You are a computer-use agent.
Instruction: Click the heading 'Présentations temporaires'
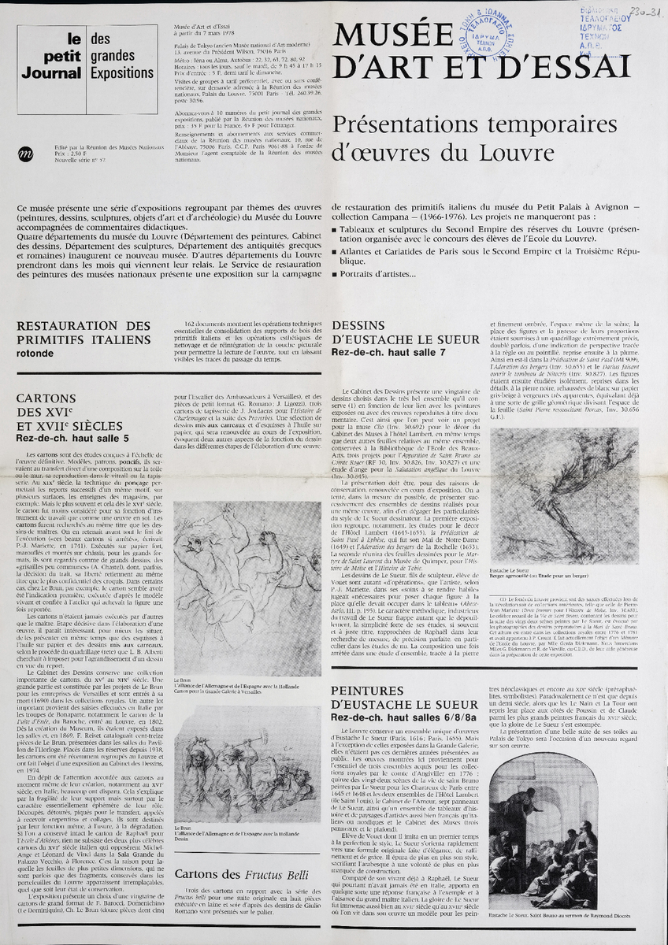tap(467, 124)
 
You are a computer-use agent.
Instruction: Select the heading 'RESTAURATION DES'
tap(83, 326)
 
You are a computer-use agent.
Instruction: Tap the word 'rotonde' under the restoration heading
tap(37, 354)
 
